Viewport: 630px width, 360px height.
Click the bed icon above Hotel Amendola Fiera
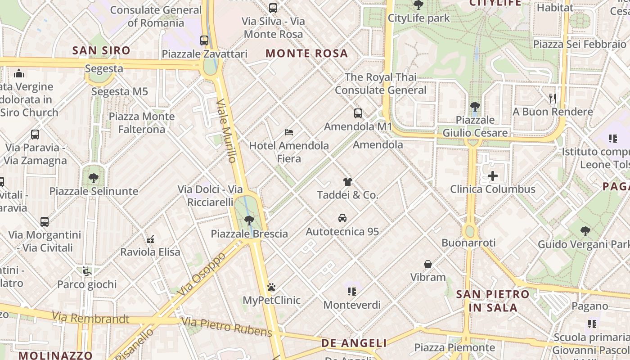(x=289, y=132)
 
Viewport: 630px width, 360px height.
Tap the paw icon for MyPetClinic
(x=271, y=287)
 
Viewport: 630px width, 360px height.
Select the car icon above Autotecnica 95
(x=342, y=218)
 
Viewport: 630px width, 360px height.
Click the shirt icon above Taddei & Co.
(x=347, y=182)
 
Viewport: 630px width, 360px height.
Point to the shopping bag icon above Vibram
(x=428, y=264)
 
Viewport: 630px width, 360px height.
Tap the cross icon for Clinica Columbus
(x=493, y=176)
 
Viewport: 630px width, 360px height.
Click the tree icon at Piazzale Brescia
(x=249, y=220)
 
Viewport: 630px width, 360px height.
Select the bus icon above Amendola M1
(x=358, y=113)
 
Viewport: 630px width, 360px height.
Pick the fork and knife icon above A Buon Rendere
(x=553, y=98)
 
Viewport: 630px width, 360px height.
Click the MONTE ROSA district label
(x=307, y=53)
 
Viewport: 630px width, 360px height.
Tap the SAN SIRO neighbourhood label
(x=101, y=50)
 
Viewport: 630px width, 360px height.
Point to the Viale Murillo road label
(x=226, y=131)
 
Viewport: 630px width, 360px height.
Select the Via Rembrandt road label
(x=90, y=318)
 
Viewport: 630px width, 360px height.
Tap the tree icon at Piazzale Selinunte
(x=94, y=178)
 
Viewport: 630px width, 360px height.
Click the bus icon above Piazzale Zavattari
(x=204, y=40)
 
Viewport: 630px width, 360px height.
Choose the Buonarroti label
(x=468, y=243)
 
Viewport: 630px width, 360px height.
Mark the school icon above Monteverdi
(x=352, y=292)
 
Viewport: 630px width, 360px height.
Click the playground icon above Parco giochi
(x=87, y=271)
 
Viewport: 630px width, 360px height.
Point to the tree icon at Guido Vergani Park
(x=585, y=231)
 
